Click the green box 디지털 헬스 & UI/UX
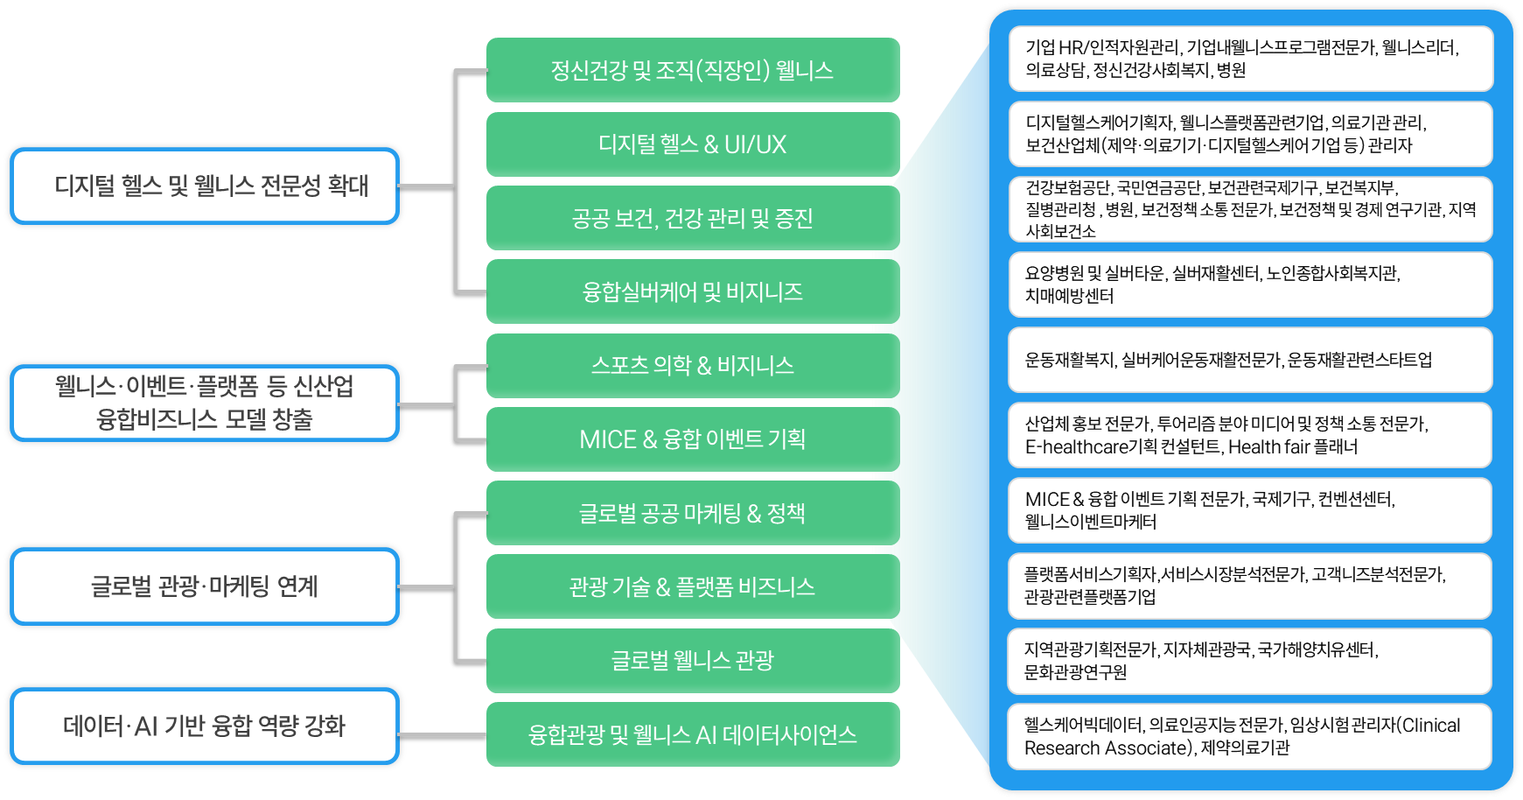(x=693, y=144)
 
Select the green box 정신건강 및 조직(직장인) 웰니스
(x=693, y=70)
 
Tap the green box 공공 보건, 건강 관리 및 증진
(x=693, y=218)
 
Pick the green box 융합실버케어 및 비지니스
(x=693, y=291)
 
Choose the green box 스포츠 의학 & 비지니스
(x=693, y=365)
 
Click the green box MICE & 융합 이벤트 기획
(x=693, y=439)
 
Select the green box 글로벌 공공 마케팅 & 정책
(x=693, y=513)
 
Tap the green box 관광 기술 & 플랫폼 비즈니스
(x=693, y=586)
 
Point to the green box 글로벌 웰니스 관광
(x=693, y=660)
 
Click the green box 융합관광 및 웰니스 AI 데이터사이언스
(x=693, y=734)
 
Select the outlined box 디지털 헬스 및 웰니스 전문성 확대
(x=205, y=186)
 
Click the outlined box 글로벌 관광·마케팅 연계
(x=205, y=586)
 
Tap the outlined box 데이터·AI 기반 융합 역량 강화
(x=205, y=726)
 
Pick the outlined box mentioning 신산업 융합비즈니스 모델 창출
(x=205, y=403)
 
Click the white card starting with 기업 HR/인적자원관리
(x=1250, y=59)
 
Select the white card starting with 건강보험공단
(x=1250, y=209)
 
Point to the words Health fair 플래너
(x=1293, y=447)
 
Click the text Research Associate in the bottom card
(x=1107, y=748)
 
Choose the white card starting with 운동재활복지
(x=1250, y=360)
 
